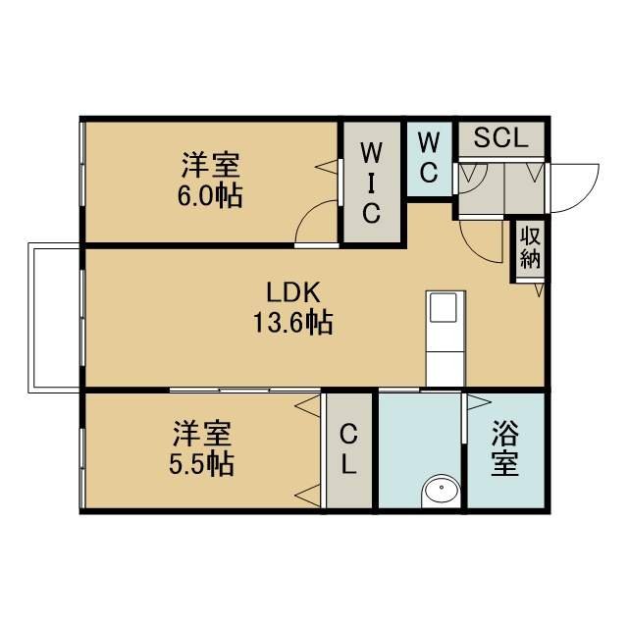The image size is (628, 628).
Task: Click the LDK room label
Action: (292, 292)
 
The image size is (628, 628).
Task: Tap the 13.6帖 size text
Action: (292, 323)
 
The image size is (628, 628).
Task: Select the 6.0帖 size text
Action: (210, 195)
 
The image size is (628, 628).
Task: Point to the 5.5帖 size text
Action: (201, 463)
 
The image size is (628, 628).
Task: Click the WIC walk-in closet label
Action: (371, 183)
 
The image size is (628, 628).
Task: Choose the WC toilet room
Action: (430, 158)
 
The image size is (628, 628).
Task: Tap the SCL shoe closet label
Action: (500, 137)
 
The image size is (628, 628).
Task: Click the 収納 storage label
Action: (530, 248)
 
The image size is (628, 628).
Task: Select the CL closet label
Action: (349, 449)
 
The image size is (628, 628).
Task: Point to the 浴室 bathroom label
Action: (505, 448)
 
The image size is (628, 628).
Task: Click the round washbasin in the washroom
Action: (441, 489)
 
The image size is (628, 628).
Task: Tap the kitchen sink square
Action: (443, 307)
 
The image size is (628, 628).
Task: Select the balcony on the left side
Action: (54, 318)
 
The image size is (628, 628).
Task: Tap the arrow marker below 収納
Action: (539, 290)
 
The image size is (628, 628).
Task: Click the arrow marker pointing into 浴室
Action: (479, 402)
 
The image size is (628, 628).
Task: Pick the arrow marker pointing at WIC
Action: (327, 167)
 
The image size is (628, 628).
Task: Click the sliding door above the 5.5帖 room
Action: (245, 390)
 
